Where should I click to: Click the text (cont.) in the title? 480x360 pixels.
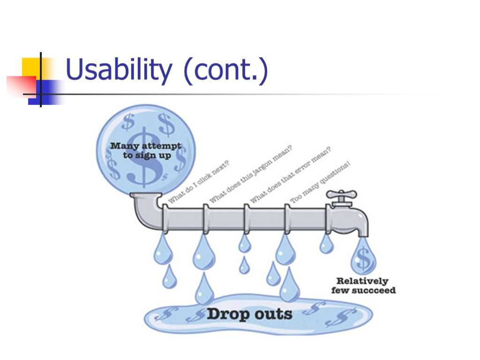click(225, 71)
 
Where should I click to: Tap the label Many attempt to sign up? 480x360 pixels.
click(146, 150)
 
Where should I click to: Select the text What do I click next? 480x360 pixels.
click(198, 183)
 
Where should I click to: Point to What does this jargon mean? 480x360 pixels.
click(251, 174)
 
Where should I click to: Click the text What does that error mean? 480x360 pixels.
click(291, 175)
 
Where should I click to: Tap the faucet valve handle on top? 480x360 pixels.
click(342, 195)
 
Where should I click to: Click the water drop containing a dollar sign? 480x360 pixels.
click(363, 256)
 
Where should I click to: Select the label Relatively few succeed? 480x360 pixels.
click(363, 285)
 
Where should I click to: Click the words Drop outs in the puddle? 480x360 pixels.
click(250, 314)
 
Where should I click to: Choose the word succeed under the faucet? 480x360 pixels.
click(377, 290)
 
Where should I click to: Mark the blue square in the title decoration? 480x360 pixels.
click(50, 91)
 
